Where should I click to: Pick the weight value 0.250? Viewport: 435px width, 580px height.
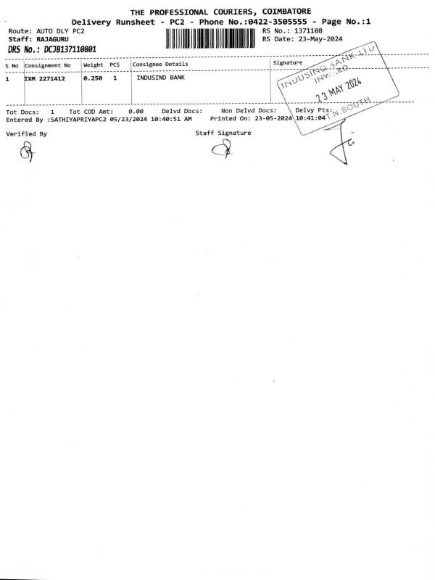point(92,78)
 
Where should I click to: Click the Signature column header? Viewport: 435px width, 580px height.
point(288,64)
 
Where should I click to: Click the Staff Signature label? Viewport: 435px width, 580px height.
point(223,133)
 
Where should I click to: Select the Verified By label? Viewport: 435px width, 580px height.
point(26,134)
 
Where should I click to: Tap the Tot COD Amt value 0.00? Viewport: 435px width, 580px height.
point(136,111)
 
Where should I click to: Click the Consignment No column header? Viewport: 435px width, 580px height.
point(48,65)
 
